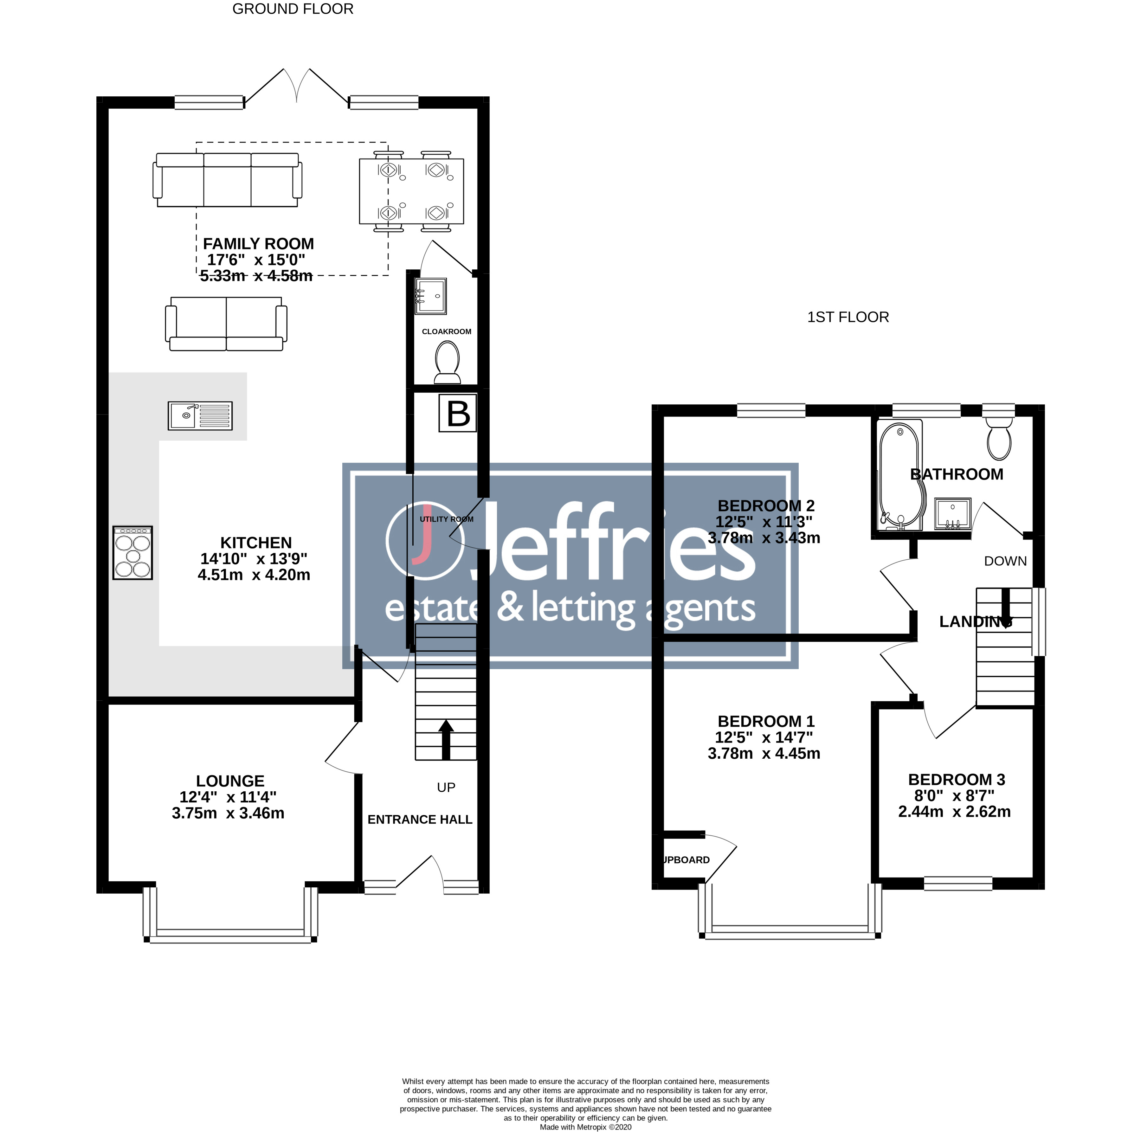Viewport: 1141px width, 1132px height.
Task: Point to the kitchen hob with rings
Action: [133, 553]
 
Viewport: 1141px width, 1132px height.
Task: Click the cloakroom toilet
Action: [447, 363]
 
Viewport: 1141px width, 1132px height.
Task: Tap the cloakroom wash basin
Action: [430, 295]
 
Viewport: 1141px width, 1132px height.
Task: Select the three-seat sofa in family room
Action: [227, 180]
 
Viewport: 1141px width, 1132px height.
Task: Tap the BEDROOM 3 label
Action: [956, 780]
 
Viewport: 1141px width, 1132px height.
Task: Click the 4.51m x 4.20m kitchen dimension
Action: [254, 575]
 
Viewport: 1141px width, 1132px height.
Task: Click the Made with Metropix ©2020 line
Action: [585, 1127]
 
